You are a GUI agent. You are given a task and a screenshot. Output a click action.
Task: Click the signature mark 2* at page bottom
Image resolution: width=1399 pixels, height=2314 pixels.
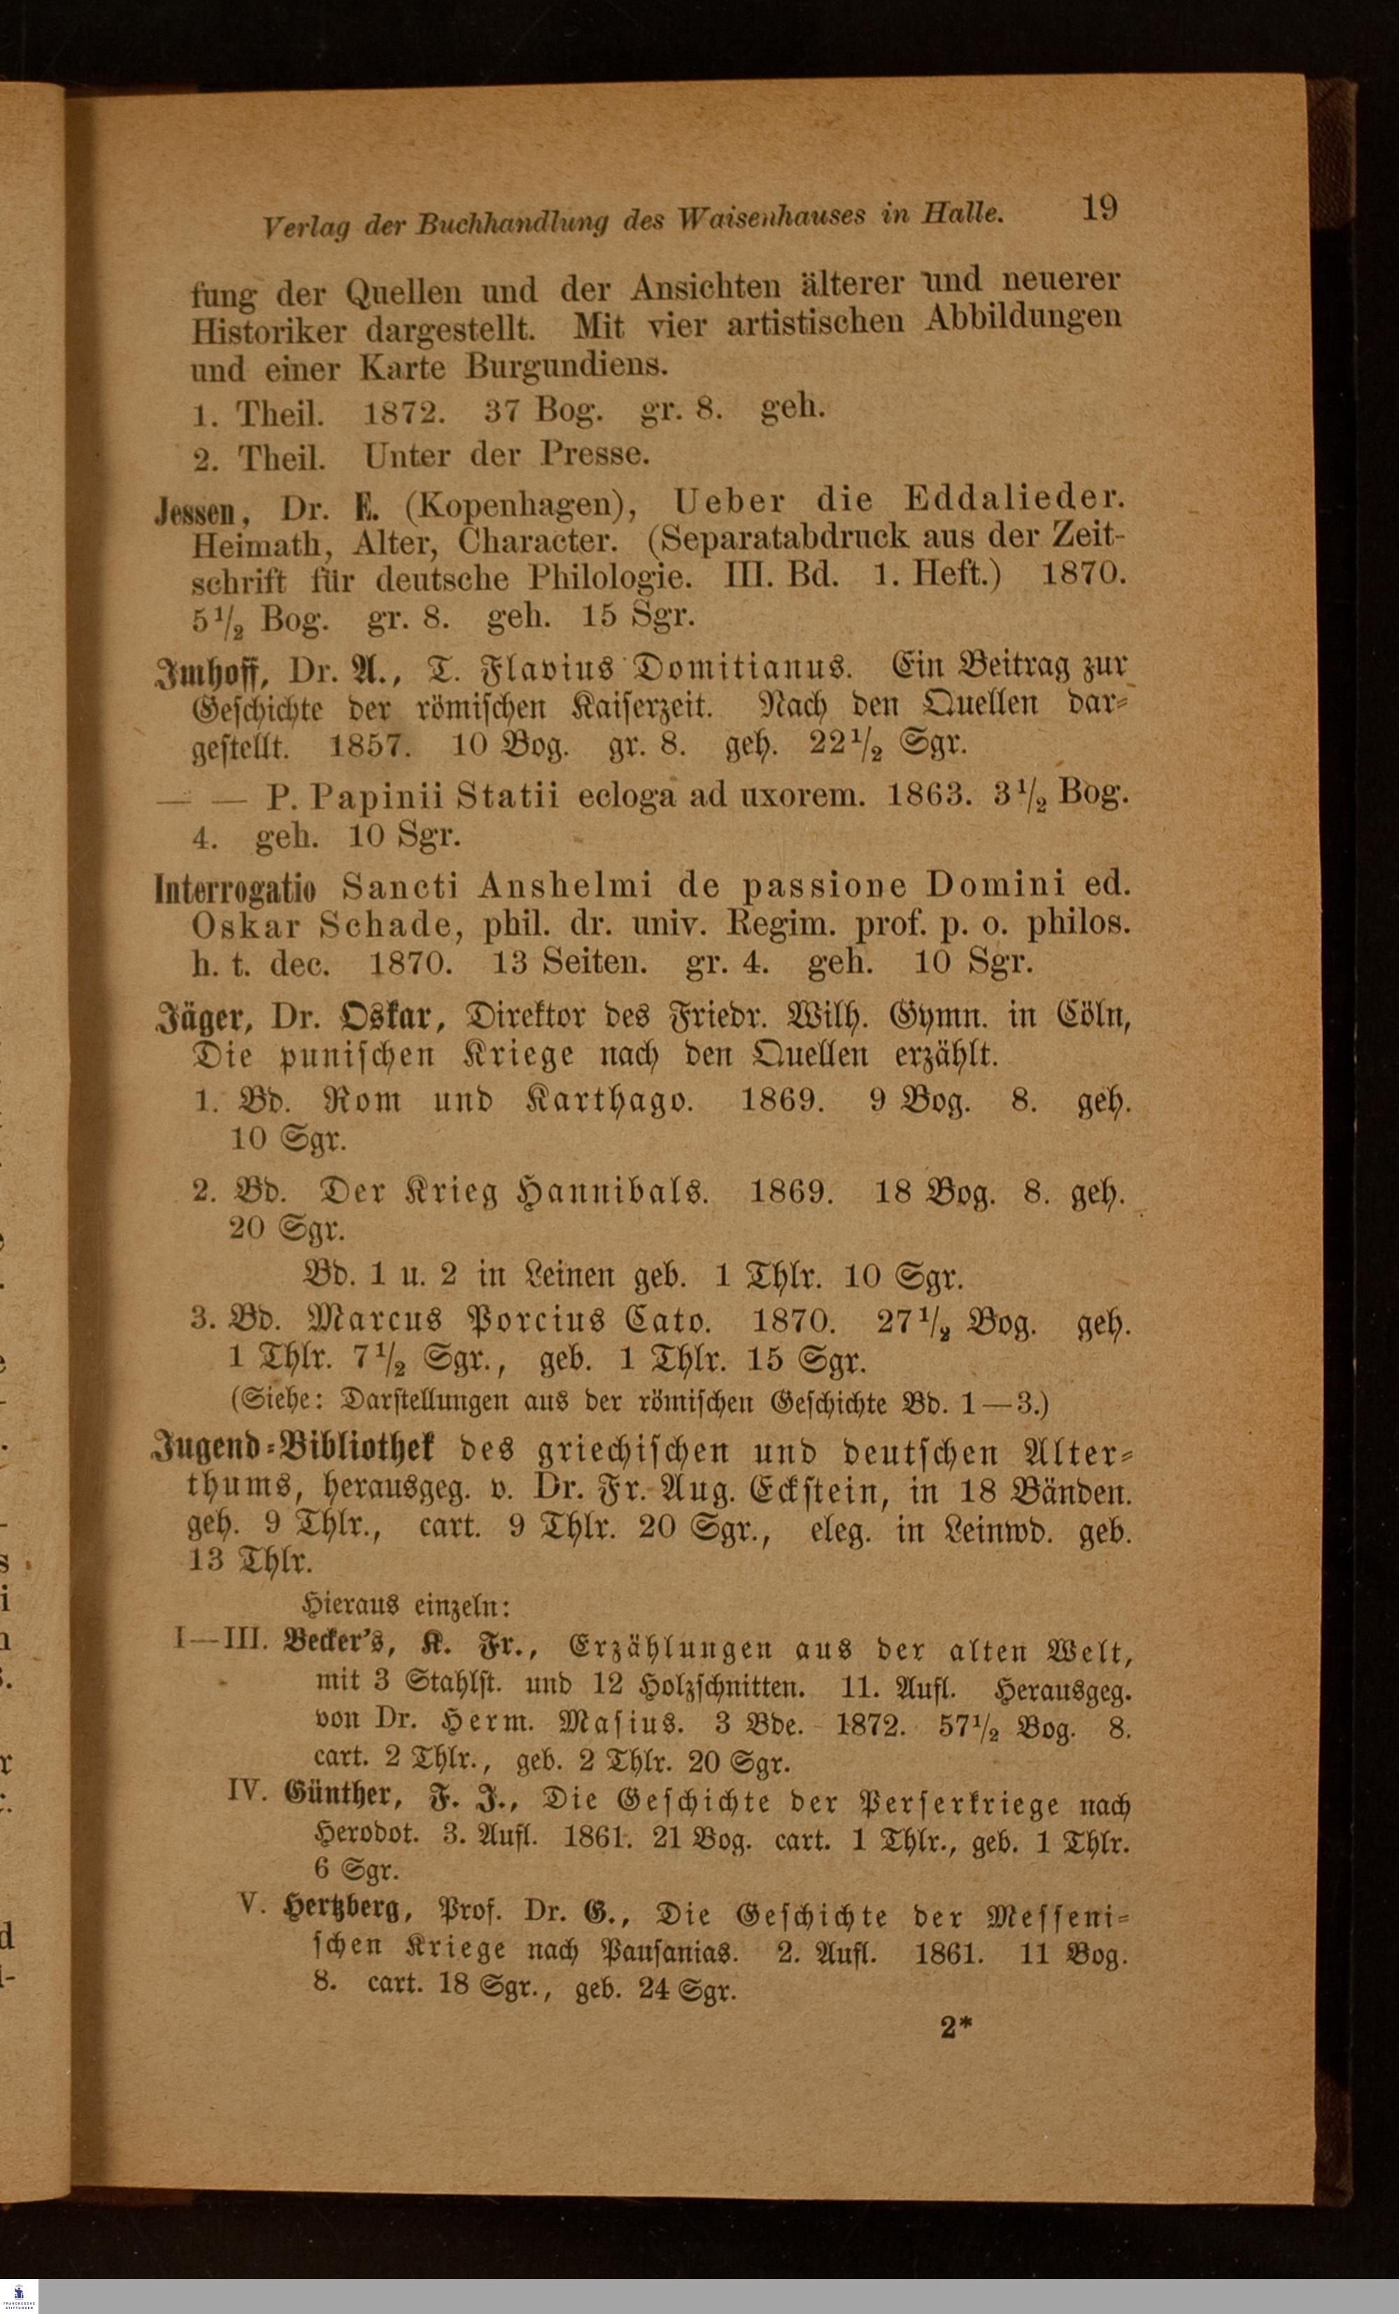(x=956, y=2028)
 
